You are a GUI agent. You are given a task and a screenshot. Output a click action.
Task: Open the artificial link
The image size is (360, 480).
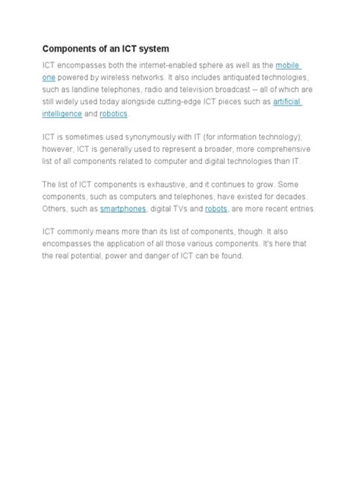click(287, 102)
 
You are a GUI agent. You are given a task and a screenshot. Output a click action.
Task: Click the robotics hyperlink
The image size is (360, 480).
click(113, 114)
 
